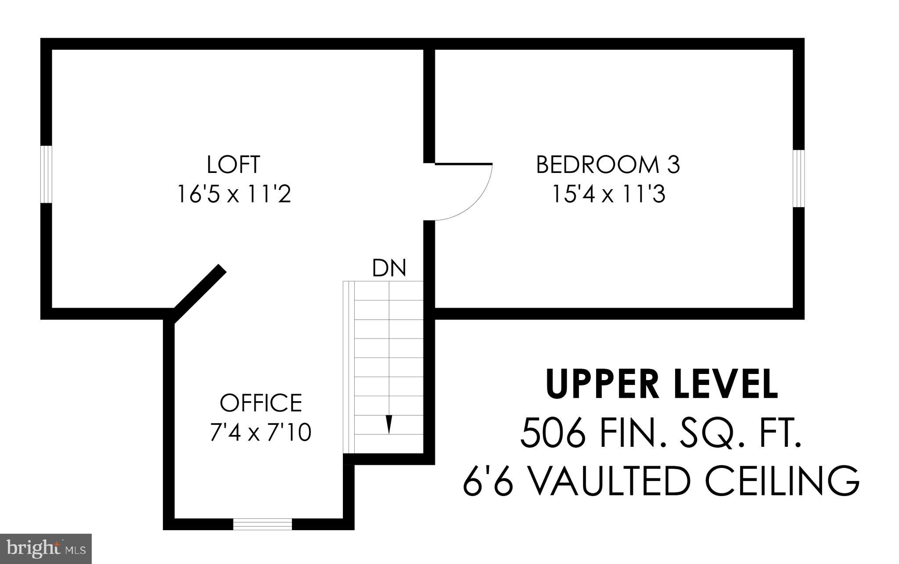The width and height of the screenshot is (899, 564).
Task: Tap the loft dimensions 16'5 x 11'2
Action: (233, 194)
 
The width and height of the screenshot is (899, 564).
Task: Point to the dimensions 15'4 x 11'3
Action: (608, 194)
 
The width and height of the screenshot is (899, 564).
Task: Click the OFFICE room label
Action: (261, 402)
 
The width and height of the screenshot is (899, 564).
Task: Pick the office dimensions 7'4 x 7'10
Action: (261, 432)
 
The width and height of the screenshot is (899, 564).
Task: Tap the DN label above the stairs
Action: (389, 268)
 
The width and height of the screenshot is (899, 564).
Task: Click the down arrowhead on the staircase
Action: (388, 424)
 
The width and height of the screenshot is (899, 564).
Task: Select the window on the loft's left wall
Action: (46, 174)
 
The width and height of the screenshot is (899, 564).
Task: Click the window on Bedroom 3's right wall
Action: (798, 178)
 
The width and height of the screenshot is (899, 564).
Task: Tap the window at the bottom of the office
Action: (262, 524)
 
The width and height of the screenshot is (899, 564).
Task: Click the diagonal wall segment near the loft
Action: (200, 293)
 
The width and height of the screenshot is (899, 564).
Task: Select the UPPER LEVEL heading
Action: (662, 384)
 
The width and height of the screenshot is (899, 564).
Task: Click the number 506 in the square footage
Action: (553, 433)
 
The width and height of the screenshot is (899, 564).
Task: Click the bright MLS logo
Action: (46, 549)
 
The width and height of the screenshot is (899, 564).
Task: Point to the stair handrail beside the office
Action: (349, 367)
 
